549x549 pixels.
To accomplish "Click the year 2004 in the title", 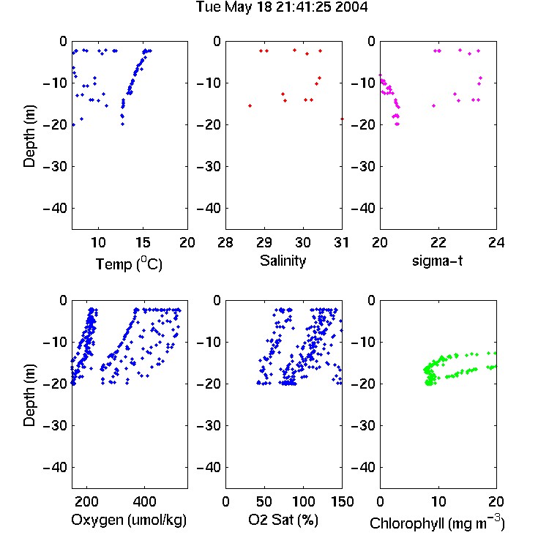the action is coord(351,7).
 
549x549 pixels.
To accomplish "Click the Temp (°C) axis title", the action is coord(129,264).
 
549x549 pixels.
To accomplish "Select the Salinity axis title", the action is coord(283,261).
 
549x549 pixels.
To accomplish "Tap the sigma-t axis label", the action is coord(437,261).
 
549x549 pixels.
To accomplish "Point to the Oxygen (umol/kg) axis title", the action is coord(129,520).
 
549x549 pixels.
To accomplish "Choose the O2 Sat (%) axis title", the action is coord(283,520).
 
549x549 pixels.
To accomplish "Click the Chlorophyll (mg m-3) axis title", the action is coord(437,523).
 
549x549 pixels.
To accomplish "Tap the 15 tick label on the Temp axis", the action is coord(143,242).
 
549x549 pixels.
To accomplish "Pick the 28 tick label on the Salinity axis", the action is coord(225,242).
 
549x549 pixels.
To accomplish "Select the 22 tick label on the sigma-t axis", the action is coord(438,242).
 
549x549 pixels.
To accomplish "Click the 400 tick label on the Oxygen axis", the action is coord(144,501).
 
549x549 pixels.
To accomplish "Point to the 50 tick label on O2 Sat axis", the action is coord(264,501).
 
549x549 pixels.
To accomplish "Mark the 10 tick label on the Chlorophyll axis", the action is coord(438,501).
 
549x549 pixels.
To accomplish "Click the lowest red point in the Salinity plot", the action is coord(342,119).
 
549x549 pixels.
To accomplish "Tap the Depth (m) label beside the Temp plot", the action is coord(29,136).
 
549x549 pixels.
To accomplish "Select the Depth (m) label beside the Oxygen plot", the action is coord(29,395).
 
